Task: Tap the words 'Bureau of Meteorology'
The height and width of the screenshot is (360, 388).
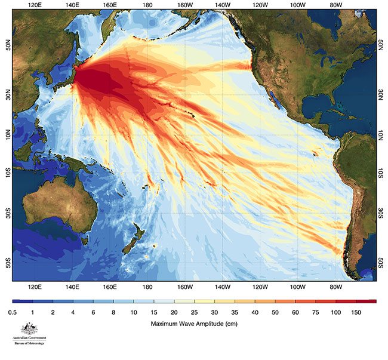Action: tap(29, 343)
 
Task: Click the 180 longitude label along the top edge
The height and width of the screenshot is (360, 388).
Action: tap(146, 5)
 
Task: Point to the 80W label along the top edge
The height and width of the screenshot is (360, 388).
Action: tap(335, 5)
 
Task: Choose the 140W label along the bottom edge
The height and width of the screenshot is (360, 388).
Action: tap(222, 287)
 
